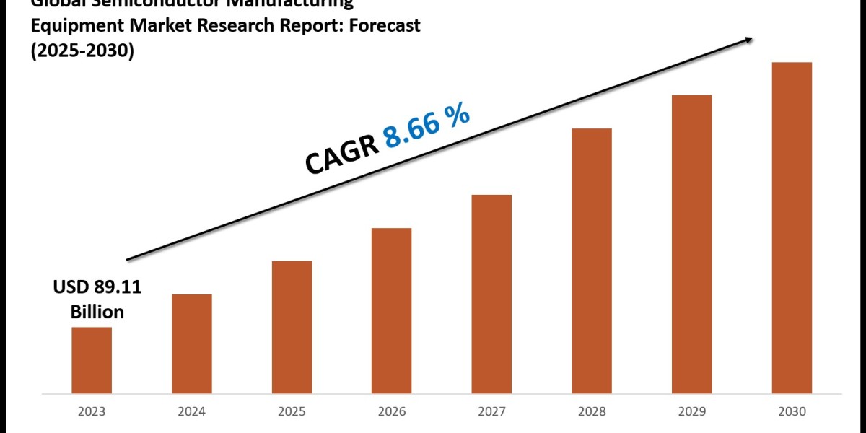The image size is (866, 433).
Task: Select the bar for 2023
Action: (92, 361)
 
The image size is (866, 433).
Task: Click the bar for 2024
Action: (192, 344)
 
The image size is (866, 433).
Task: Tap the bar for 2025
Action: (292, 328)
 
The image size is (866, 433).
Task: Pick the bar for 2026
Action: (392, 311)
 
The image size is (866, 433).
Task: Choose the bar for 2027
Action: (492, 294)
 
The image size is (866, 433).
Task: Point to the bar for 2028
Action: (592, 261)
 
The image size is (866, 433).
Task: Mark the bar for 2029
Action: (692, 245)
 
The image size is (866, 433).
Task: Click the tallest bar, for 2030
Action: (792, 228)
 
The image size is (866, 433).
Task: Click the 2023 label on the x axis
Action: (92, 411)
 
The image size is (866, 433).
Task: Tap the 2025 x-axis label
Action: (292, 411)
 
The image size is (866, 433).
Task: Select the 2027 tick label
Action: (492, 411)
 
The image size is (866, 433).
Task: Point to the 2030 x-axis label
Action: (792, 411)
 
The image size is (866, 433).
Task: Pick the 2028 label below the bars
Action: (592, 411)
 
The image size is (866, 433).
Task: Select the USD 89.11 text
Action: (97, 287)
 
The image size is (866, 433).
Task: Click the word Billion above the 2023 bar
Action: (97, 312)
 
